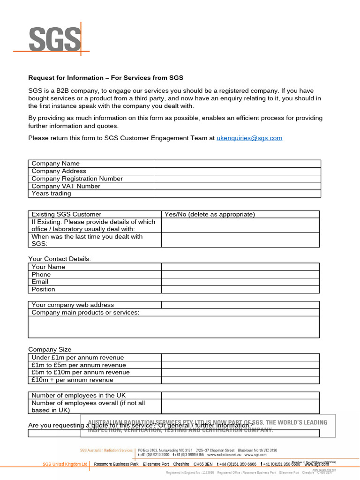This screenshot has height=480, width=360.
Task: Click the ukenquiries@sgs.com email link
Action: coord(249,138)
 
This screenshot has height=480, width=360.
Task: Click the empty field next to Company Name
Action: coord(237,164)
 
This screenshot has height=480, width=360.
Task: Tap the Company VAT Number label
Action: coord(66,186)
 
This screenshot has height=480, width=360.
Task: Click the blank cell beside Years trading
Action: coord(237,194)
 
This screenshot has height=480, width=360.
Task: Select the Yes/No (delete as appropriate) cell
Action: coord(210,214)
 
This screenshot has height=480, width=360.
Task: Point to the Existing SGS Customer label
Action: coord(66,214)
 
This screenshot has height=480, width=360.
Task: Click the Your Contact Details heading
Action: coord(60,259)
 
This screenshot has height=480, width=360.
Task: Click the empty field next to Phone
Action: coord(240,274)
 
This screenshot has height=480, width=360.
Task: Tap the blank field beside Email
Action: coord(240,282)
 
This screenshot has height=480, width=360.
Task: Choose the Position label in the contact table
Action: coord(43,289)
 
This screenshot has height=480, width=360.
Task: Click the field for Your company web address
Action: coord(240,305)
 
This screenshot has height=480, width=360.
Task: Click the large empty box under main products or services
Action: coord(174,327)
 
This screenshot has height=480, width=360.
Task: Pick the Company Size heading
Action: coord(50,349)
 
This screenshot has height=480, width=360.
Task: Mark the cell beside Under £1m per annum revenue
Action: coord(240,358)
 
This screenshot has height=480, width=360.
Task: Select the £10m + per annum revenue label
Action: coord(72,380)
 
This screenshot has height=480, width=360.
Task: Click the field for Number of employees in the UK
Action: coord(240,396)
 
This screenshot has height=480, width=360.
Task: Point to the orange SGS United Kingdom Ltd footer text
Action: coord(65,465)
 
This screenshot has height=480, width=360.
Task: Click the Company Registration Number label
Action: coord(77,179)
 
